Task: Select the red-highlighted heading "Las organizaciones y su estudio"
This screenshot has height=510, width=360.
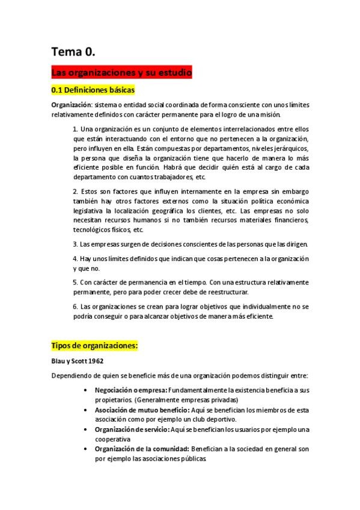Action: click(x=121, y=73)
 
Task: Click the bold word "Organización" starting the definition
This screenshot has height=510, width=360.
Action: click(x=70, y=105)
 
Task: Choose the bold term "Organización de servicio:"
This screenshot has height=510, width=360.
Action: click(x=132, y=429)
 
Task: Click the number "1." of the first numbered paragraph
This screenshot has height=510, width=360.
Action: click(x=75, y=129)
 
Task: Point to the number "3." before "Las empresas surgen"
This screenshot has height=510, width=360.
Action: click(x=75, y=244)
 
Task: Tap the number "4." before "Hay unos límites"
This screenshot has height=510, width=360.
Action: click(x=75, y=259)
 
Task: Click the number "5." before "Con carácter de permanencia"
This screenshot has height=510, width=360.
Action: click(x=75, y=282)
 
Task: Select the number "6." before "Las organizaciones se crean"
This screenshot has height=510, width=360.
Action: click(x=75, y=306)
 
